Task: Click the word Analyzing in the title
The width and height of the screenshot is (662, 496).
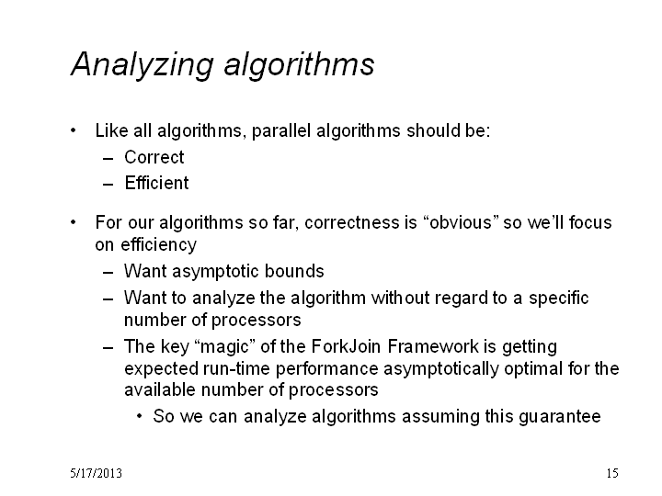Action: [x=143, y=64]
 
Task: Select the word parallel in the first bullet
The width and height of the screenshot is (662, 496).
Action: [x=281, y=130]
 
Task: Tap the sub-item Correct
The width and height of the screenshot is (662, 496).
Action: [x=154, y=157]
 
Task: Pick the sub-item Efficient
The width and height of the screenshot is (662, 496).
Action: [x=156, y=183]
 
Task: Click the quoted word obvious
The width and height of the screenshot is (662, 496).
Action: [x=461, y=222]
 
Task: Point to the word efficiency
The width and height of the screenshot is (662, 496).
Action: [x=159, y=244]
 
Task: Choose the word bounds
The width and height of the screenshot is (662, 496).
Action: [x=294, y=271]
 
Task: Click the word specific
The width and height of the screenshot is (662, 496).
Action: [x=559, y=299]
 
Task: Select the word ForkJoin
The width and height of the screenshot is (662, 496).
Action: [x=347, y=346]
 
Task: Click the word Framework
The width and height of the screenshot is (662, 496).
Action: [x=433, y=346]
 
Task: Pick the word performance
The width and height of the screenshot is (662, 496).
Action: [x=326, y=368]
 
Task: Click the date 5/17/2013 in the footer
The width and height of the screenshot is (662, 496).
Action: [x=97, y=473]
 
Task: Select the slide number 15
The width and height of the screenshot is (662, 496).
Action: [x=612, y=473]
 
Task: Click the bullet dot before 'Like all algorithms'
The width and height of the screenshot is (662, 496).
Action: [x=74, y=130]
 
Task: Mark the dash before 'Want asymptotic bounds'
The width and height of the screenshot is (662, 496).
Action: [x=108, y=273]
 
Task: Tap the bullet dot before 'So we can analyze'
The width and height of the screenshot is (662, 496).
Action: [x=140, y=417]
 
